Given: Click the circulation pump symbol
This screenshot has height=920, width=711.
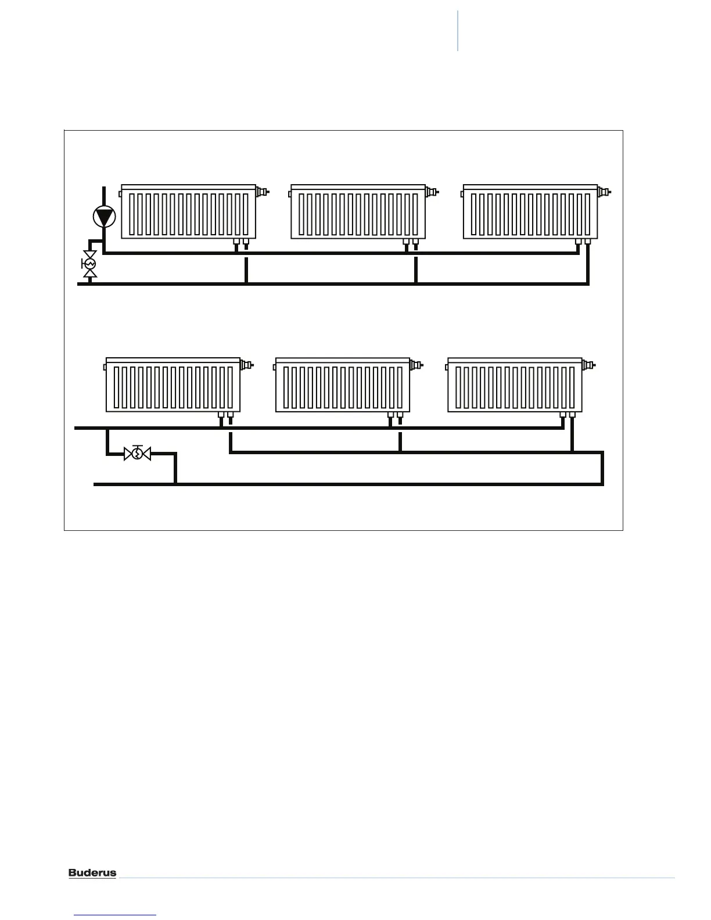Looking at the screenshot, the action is pyautogui.click(x=104, y=217).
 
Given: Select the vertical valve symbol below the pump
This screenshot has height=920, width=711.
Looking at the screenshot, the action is pyautogui.click(x=89, y=264).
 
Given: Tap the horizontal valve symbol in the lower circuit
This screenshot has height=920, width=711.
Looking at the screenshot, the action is pyautogui.click(x=137, y=453).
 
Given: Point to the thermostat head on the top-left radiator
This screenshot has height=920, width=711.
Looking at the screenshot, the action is pyautogui.click(x=262, y=191).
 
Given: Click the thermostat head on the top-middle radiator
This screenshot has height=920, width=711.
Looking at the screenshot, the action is pyautogui.click(x=432, y=191).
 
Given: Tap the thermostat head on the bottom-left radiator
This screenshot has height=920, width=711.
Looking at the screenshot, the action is pyautogui.click(x=246, y=364).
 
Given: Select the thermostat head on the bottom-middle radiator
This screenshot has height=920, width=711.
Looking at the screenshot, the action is pyautogui.click(x=416, y=364).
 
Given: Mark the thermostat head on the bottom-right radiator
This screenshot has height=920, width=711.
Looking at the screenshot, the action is pyautogui.click(x=588, y=364).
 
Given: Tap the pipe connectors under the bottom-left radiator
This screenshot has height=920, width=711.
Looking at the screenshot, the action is pyautogui.click(x=225, y=416).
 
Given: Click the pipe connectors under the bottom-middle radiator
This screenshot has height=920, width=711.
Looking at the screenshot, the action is pyautogui.click(x=395, y=416).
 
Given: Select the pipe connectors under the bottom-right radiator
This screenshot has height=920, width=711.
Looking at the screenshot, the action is pyautogui.click(x=567, y=416).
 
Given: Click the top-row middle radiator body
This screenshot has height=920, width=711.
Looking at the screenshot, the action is pyautogui.click(x=358, y=212).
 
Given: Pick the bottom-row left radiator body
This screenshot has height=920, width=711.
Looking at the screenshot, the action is pyautogui.click(x=173, y=385).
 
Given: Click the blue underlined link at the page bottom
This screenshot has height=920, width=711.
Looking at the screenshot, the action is pyautogui.click(x=116, y=915).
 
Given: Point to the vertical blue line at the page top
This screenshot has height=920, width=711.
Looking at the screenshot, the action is pyautogui.click(x=458, y=30).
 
